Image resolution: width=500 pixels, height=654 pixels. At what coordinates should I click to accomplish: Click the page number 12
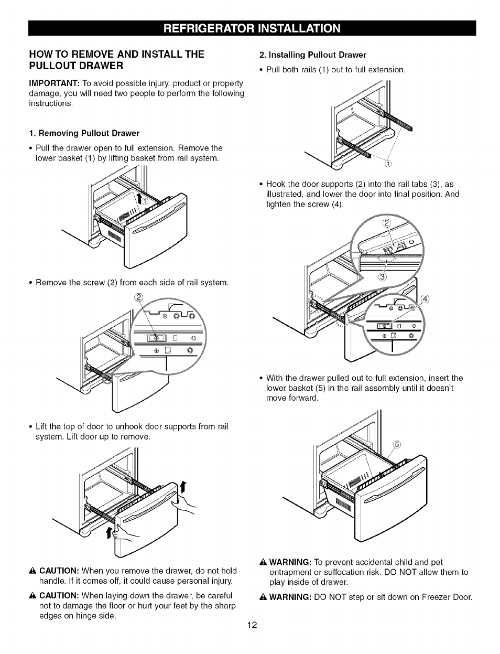(x=252, y=625)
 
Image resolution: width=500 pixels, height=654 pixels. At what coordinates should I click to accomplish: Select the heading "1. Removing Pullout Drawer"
(x=84, y=133)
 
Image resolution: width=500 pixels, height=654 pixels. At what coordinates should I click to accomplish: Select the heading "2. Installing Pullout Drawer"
(x=313, y=55)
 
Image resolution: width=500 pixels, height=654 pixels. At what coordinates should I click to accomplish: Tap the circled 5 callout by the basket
(x=397, y=445)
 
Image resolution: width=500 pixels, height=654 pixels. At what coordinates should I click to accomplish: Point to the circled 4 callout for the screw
(x=426, y=299)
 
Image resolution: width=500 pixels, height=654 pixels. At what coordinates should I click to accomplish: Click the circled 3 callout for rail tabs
(x=383, y=277)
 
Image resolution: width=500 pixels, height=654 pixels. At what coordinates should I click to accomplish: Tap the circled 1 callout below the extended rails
(x=388, y=163)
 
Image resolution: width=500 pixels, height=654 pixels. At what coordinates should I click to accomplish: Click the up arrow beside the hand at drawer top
(x=183, y=487)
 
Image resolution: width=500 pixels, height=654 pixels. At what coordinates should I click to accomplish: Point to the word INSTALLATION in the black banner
(x=299, y=28)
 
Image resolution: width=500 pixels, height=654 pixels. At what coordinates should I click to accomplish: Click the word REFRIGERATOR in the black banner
(x=209, y=28)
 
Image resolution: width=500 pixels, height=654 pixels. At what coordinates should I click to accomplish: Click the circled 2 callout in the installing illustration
(x=386, y=223)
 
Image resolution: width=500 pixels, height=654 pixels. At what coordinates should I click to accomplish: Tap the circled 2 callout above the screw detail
(x=139, y=297)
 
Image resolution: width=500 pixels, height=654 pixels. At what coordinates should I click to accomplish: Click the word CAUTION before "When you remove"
(x=59, y=571)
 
